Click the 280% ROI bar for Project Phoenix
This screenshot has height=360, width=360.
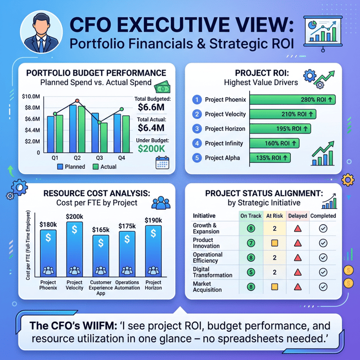(292, 100)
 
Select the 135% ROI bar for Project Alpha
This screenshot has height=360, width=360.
(270, 158)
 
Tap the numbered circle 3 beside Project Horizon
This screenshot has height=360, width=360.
(197, 129)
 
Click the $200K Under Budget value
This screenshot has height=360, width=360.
(151, 149)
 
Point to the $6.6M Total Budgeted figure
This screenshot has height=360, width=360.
(151, 107)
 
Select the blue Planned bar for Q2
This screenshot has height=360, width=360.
(73, 129)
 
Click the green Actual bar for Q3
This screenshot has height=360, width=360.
(104, 138)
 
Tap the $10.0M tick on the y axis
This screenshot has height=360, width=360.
(31, 96)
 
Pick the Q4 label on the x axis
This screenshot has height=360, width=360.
(121, 158)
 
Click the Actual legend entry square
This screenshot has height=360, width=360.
(96, 167)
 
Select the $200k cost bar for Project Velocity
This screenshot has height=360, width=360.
(74, 249)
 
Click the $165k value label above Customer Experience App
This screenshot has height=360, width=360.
(101, 230)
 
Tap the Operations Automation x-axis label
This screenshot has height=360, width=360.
(127, 285)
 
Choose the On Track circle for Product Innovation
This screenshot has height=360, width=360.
(251, 243)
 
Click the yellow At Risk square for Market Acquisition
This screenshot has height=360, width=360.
(275, 287)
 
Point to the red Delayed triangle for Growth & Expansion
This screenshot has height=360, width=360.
(298, 228)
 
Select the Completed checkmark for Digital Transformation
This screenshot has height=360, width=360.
(323, 272)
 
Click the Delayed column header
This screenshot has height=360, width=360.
(298, 216)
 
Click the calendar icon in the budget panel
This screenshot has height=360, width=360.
(162, 163)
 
